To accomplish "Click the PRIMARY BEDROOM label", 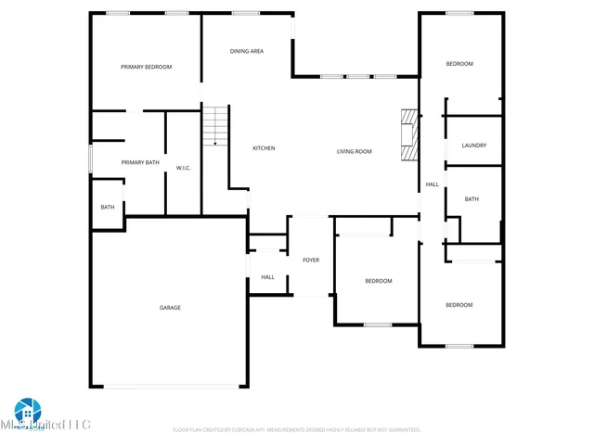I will click(x=147, y=67).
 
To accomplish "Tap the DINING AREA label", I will click(x=247, y=51).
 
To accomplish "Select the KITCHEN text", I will click(x=265, y=148).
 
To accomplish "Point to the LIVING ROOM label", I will click(x=354, y=151).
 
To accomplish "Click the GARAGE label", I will click(x=170, y=308).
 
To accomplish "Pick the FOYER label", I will click(x=311, y=260).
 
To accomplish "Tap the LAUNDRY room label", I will click(x=473, y=146).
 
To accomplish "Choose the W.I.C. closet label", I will click(x=183, y=168).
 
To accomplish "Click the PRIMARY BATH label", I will click(x=140, y=163).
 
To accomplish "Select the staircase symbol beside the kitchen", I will click(x=215, y=126).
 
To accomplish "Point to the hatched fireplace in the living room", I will click(x=409, y=135).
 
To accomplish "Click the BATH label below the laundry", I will click(x=471, y=199).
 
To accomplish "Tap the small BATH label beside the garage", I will click(x=108, y=207).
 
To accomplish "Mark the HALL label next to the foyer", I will click(x=267, y=277).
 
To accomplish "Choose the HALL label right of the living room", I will click(x=433, y=184).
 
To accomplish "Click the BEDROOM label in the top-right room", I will click(x=459, y=64).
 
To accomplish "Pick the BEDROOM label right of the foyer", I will click(x=378, y=281).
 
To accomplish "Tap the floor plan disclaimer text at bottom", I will click(x=297, y=430).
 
